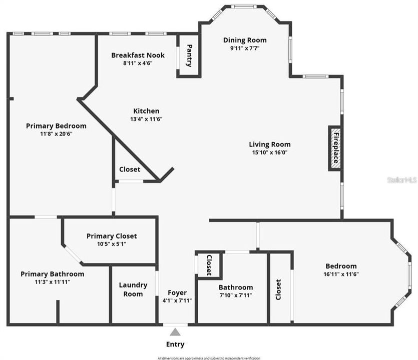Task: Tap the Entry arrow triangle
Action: [x=175, y=331]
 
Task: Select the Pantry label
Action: [x=189, y=55]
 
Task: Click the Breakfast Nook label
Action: [x=138, y=55]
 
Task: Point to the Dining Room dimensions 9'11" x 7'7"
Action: [x=245, y=48]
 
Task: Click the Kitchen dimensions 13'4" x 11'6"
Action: [x=146, y=119]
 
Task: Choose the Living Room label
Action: [x=270, y=144]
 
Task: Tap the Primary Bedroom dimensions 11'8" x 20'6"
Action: [x=56, y=134]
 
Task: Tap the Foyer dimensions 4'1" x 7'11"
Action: [x=177, y=300]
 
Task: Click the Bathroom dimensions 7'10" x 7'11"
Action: [x=235, y=295]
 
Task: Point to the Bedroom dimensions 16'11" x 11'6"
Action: [x=341, y=274]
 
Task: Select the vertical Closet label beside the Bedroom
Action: [x=279, y=289]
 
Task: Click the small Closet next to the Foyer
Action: [x=209, y=264]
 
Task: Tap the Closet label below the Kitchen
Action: [x=130, y=169]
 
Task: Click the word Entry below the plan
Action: [x=175, y=344]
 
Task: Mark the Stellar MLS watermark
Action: [x=402, y=179]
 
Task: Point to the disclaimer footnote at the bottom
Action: [x=209, y=358]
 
